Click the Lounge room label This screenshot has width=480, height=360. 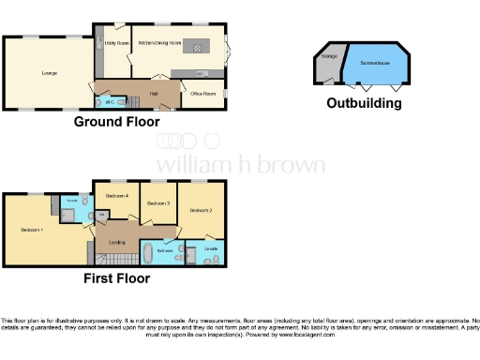(49, 72)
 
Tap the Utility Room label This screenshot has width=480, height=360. (111, 43)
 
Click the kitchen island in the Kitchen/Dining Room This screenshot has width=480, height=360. (197, 46)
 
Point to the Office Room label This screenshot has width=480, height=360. (204, 94)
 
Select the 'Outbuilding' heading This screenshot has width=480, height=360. (364, 103)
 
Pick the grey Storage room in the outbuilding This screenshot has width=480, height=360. (328, 66)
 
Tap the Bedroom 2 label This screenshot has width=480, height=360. (201, 211)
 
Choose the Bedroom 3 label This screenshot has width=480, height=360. (158, 202)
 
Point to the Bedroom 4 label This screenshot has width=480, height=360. (115, 195)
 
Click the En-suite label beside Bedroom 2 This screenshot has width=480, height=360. (210, 247)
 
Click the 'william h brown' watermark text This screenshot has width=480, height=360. (240, 165)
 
